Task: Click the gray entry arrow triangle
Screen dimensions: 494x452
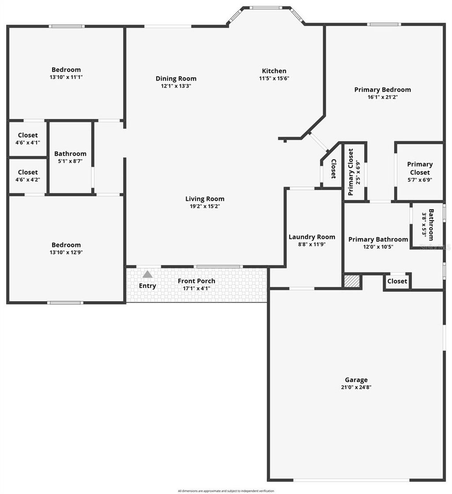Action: tap(147, 274)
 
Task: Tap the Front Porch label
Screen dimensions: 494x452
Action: tap(196, 281)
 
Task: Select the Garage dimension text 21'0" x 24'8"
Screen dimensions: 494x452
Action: tap(356, 387)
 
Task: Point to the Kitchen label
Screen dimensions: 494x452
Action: tap(274, 71)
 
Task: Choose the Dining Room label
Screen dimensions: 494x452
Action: tap(176, 79)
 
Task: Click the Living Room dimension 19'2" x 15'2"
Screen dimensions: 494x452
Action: tap(204, 206)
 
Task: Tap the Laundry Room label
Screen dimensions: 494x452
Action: tap(312, 237)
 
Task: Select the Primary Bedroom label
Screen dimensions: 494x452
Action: tap(382, 90)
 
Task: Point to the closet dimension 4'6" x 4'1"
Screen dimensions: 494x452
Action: tap(28, 142)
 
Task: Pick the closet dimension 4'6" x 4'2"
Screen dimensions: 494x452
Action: tap(28, 180)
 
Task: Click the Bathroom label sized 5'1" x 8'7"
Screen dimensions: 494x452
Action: tap(70, 154)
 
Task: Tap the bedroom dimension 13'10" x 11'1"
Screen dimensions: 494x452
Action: tap(66, 77)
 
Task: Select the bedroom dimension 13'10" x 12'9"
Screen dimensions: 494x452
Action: tap(66, 253)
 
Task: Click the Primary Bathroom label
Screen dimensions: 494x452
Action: tap(378, 240)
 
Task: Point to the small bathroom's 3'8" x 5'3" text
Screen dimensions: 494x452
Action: tap(425, 225)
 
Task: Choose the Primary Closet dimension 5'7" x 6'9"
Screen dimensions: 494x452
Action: tap(419, 180)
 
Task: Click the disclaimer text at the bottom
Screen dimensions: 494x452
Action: tap(226, 491)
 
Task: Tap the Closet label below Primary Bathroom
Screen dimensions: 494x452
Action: tap(397, 281)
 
